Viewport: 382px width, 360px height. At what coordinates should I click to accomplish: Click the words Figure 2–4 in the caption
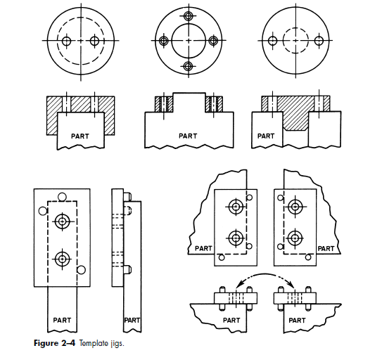pos(54,342)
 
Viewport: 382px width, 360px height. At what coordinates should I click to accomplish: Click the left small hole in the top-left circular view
pos(66,41)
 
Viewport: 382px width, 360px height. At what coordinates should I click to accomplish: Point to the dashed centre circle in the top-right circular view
pos(298,41)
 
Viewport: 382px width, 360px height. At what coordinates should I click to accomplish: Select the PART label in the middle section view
pos(188,136)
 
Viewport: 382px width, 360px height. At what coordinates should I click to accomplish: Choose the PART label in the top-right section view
pos(267,136)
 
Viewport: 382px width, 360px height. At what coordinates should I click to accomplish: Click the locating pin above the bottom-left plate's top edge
pos(63,196)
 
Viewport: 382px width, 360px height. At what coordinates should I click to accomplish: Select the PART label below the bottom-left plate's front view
pos(63,320)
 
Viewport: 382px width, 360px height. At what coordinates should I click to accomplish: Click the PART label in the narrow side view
pos(132,320)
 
